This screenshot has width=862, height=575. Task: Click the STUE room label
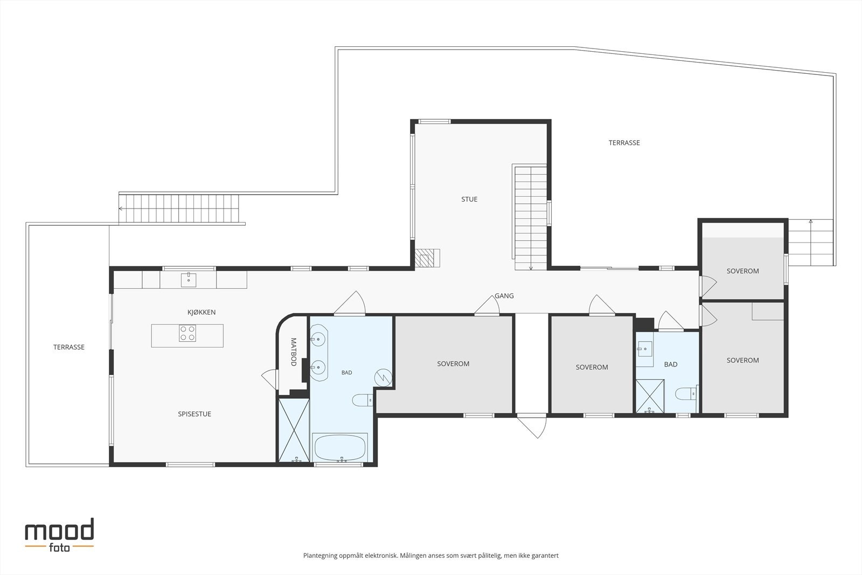pos(469,199)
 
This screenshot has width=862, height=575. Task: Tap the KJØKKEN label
pos(201,312)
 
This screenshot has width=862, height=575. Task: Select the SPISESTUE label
pos(194,414)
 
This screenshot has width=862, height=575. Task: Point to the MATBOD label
pos(293,352)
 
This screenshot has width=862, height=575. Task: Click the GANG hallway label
pos(504,295)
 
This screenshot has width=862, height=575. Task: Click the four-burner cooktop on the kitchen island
pos(187,333)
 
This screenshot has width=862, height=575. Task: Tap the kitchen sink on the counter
pos(189,280)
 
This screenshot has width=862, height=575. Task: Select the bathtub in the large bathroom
pos(340,447)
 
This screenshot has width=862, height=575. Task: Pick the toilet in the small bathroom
pos(686,394)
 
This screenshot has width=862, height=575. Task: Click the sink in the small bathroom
pos(644,350)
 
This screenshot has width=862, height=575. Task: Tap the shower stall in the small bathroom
pos(650,397)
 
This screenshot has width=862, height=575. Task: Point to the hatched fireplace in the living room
pos(427,258)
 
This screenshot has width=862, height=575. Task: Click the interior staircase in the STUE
pos(531,217)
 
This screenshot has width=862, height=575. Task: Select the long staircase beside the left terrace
pos(179,209)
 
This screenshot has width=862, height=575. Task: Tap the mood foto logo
pos(59,535)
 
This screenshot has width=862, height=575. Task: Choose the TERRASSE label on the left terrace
pos(68,347)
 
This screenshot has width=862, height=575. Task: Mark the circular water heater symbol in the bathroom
pos(383,378)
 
